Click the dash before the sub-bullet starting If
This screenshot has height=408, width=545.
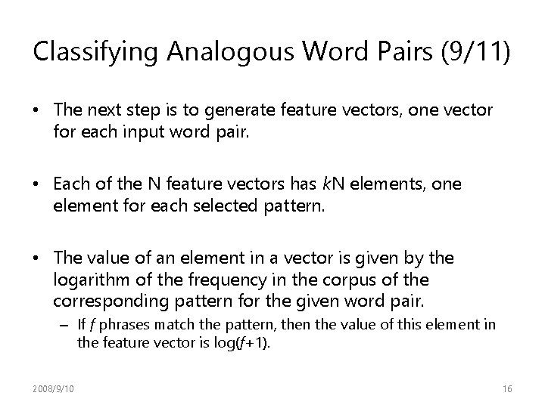point(68,326)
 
